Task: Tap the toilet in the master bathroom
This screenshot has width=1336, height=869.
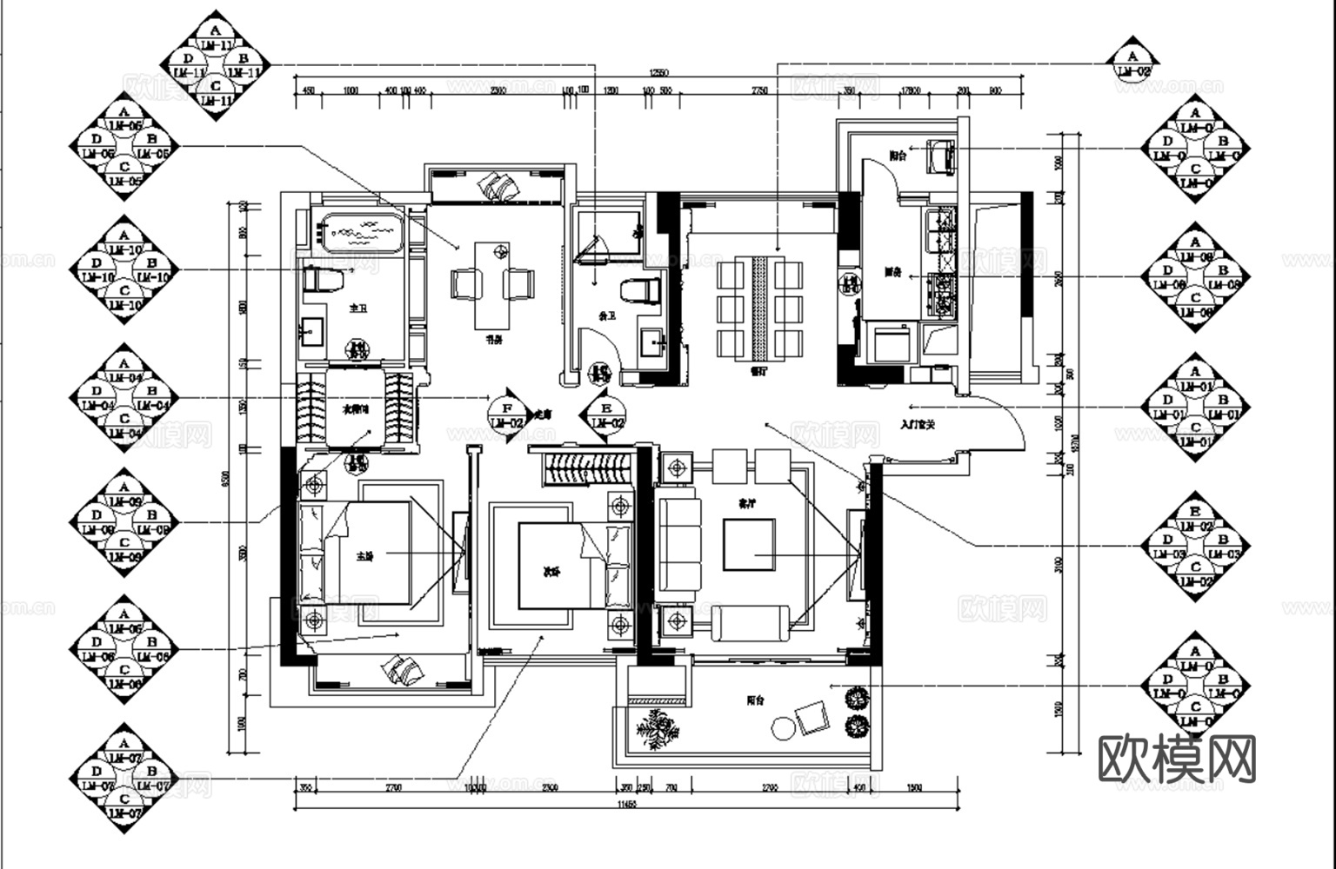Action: [x=317, y=279]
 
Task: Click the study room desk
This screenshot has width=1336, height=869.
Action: [x=492, y=284]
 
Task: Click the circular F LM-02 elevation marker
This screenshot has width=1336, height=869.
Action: [x=507, y=415]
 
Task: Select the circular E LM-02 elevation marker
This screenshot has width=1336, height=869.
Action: [x=607, y=415]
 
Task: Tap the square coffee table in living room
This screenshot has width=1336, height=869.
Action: [x=749, y=544]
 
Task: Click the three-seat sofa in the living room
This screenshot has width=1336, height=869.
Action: [x=678, y=544]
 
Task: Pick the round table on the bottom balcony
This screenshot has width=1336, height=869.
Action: [x=784, y=726]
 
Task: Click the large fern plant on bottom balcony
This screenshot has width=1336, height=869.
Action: [x=658, y=727]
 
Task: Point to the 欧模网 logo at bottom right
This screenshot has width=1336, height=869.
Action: [x=1177, y=759]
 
